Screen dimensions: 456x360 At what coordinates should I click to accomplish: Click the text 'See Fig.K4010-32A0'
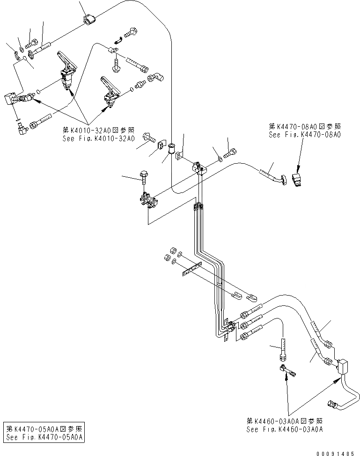99,139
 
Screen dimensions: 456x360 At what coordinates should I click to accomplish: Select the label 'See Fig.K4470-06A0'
305,134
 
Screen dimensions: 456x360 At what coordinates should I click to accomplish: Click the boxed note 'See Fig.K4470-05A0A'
44,437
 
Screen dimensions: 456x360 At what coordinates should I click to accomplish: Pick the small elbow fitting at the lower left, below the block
21,125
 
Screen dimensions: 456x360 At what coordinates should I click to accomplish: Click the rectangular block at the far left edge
9,100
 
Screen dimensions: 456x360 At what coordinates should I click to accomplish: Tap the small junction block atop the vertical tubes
199,168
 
